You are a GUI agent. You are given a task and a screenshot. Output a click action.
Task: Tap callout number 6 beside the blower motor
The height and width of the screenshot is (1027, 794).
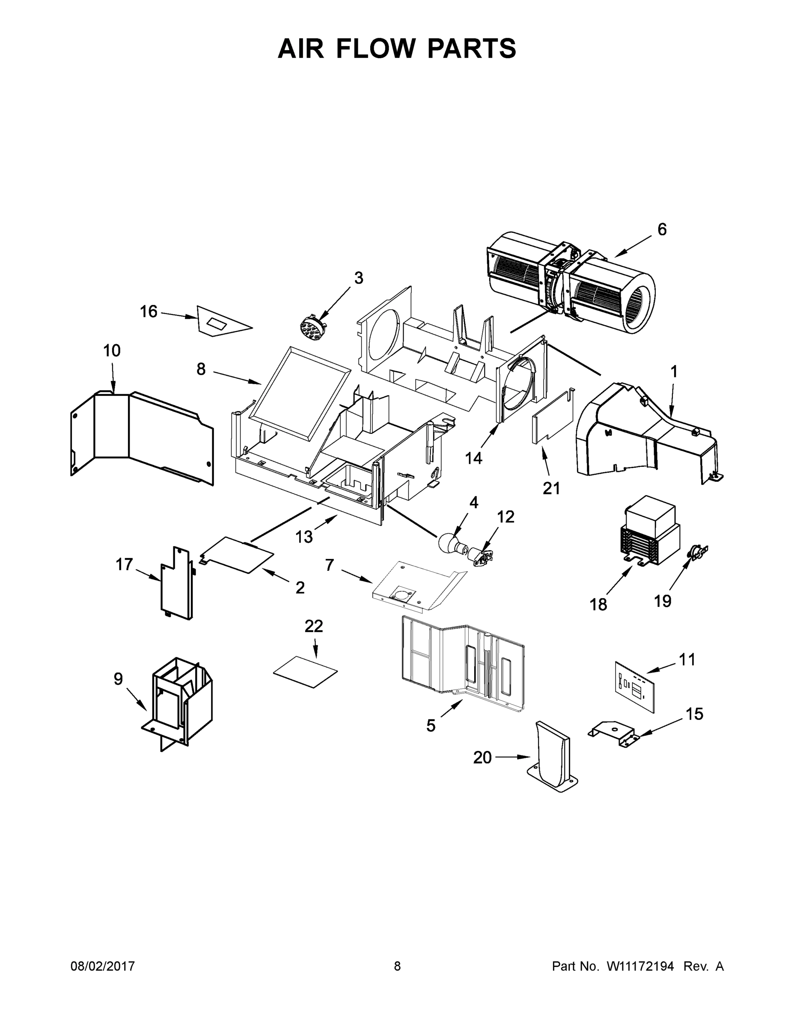coord(661,229)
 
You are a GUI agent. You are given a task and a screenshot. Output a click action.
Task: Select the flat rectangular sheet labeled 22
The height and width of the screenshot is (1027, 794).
coord(305,671)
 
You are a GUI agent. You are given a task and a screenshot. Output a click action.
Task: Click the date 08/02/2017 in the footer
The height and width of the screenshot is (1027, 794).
coord(103,966)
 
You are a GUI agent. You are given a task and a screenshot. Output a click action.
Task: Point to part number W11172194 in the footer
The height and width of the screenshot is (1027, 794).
coord(640,966)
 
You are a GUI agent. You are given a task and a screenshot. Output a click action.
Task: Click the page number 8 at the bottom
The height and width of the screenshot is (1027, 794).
coord(397,966)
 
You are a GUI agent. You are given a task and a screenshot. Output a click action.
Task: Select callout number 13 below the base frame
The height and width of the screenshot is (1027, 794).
coord(304,537)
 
